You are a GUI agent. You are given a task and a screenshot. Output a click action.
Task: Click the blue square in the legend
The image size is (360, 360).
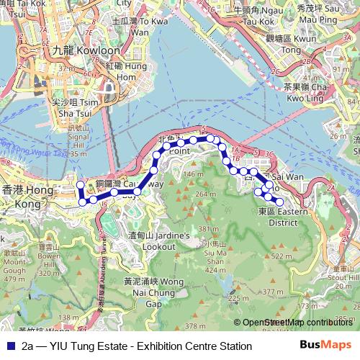click(x=9, y=346)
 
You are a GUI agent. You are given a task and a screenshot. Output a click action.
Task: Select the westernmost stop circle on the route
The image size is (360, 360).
click(x=81, y=186)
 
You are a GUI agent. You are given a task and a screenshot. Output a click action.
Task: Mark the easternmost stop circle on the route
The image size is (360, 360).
click(x=279, y=201)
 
